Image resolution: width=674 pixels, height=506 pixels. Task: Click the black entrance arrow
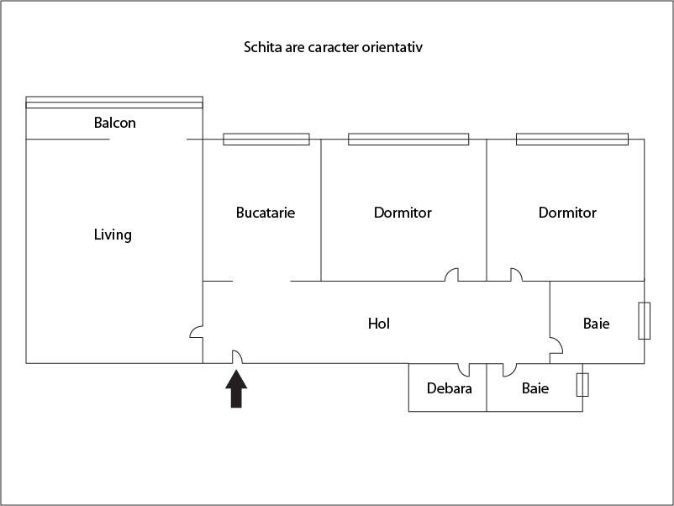point(236,388)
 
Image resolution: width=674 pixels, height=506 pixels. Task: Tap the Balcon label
point(115,123)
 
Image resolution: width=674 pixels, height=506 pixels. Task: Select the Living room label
point(113,235)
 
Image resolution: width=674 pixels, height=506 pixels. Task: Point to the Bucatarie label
point(266,213)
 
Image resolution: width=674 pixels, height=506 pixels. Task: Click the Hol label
point(379,324)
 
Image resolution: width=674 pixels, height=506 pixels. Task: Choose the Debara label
point(449,388)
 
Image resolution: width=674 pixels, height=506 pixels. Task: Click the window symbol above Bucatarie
point(266,140)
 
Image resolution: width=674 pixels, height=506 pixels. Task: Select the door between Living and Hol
point(197,332)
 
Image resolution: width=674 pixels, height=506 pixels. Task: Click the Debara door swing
point(464,370)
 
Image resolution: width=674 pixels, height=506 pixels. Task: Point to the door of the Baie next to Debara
point(509,370)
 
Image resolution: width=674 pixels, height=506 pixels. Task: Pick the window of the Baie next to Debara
point(582,385)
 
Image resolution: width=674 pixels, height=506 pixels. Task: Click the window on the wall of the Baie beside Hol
point(644,321)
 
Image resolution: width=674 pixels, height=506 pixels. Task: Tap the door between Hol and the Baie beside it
point(556,345)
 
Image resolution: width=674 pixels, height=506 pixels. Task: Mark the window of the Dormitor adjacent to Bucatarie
point(408,140)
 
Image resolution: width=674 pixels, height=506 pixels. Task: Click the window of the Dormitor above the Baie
point(572,140)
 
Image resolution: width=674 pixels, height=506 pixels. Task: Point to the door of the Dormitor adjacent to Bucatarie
point(452,275)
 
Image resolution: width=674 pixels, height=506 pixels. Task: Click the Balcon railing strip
point(114,103)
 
